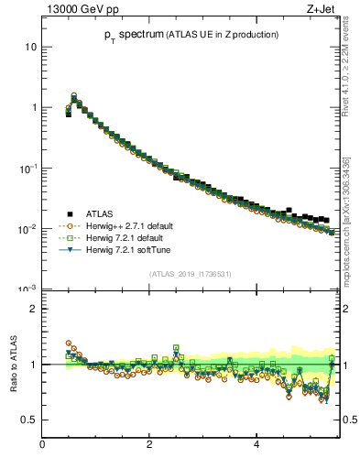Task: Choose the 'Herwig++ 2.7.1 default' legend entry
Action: pyautogui.click(x=128, y=226)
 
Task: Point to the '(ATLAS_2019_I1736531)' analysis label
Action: pyautogui.click(x=191, y=274)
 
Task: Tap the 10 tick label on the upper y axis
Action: pyautogui.click(x=31, y=47)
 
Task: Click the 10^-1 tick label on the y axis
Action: pyautogui.click(x=28, y=168)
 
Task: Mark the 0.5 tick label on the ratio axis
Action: pyautogui.click(x=28, y=420)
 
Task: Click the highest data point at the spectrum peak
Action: pyautogui.click(x=74, y=94)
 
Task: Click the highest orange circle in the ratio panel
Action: pyautogui.click(x=69, y=344)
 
